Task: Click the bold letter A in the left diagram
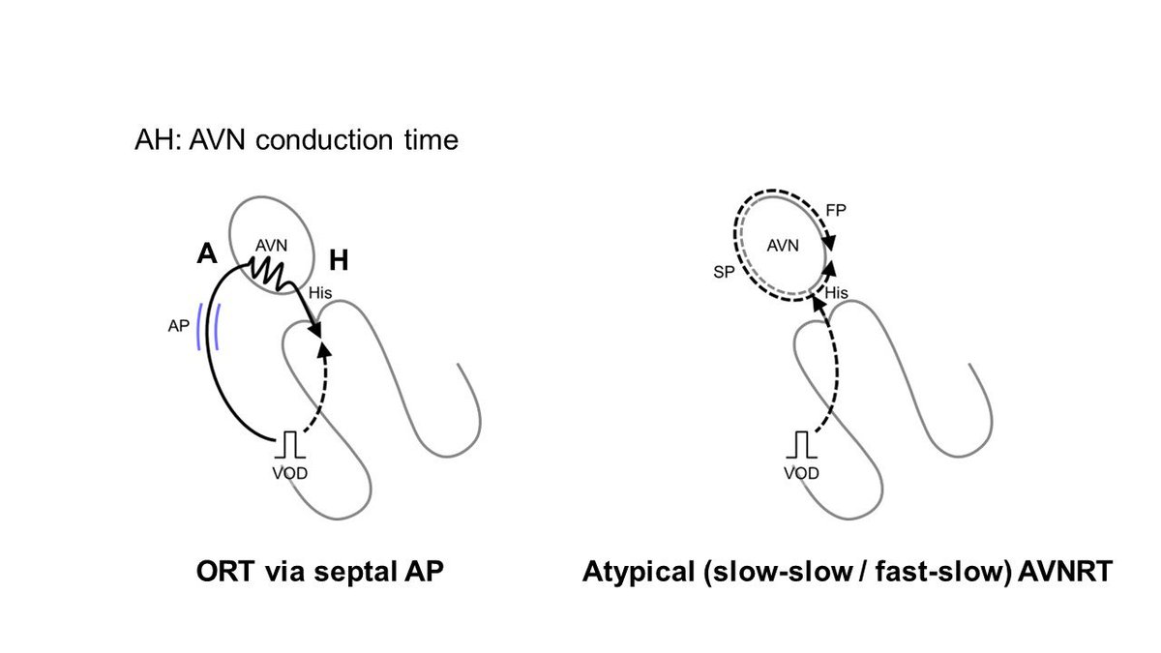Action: click(205, 253)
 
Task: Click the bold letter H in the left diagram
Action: click(340, 258)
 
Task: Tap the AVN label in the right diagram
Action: click(782, 246)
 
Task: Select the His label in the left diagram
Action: click(320, 291)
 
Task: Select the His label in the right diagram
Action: click(836, 291)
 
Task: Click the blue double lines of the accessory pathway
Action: click(208, 325)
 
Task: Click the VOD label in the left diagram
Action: click(289, 473)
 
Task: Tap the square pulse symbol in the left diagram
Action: click(289, 446)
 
